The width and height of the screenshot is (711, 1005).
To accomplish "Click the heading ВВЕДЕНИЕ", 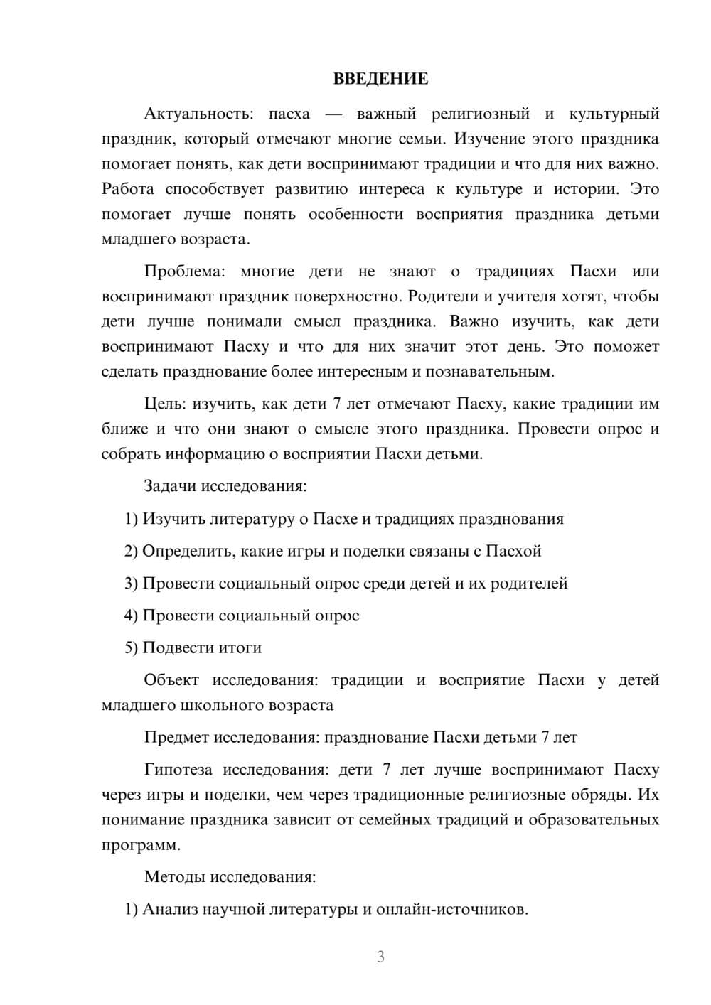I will (380, 79).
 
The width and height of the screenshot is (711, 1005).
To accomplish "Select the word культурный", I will (614, 114).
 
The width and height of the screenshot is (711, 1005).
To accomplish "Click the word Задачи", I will (170, 487).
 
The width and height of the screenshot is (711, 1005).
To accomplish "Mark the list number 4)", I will (131, 616).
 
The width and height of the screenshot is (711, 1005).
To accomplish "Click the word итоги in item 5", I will (238, 648).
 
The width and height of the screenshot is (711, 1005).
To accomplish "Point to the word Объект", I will (171, 680).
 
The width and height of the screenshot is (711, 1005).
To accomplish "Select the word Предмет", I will (177, 738).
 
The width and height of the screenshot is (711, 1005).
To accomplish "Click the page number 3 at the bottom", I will (380, 957).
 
